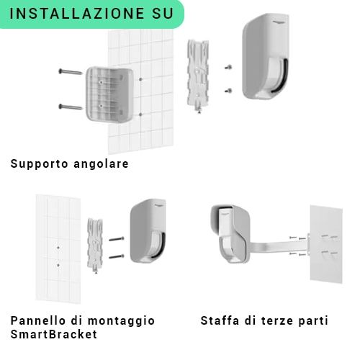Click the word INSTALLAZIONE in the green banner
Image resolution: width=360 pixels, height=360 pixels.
(77, 14)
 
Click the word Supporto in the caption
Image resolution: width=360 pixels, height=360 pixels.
(40, 164)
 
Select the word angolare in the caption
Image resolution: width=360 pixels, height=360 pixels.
(101, 164)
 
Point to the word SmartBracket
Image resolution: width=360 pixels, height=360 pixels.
(54, 334)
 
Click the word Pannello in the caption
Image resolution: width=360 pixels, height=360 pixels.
(38, 320)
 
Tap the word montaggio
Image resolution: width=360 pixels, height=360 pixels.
(121, 321)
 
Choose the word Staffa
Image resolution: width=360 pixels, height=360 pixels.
(220, 320)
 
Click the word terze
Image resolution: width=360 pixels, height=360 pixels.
(275, 321)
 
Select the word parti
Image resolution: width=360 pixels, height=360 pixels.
(311, 321)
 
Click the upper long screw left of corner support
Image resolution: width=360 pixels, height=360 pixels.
(71, 71)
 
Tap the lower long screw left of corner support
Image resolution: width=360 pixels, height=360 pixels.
(71, 107)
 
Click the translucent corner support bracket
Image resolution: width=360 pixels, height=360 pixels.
(109, 94)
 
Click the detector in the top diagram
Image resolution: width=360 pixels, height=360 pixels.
(265, 56)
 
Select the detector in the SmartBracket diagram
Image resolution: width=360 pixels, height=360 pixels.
(148, 231)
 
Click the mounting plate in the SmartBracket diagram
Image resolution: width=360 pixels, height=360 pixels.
(95, 246)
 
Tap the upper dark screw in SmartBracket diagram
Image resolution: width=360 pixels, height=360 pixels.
(117, 239)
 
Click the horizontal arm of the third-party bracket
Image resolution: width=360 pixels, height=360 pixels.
(279, 246)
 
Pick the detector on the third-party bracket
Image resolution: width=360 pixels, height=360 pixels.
(230, 233)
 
